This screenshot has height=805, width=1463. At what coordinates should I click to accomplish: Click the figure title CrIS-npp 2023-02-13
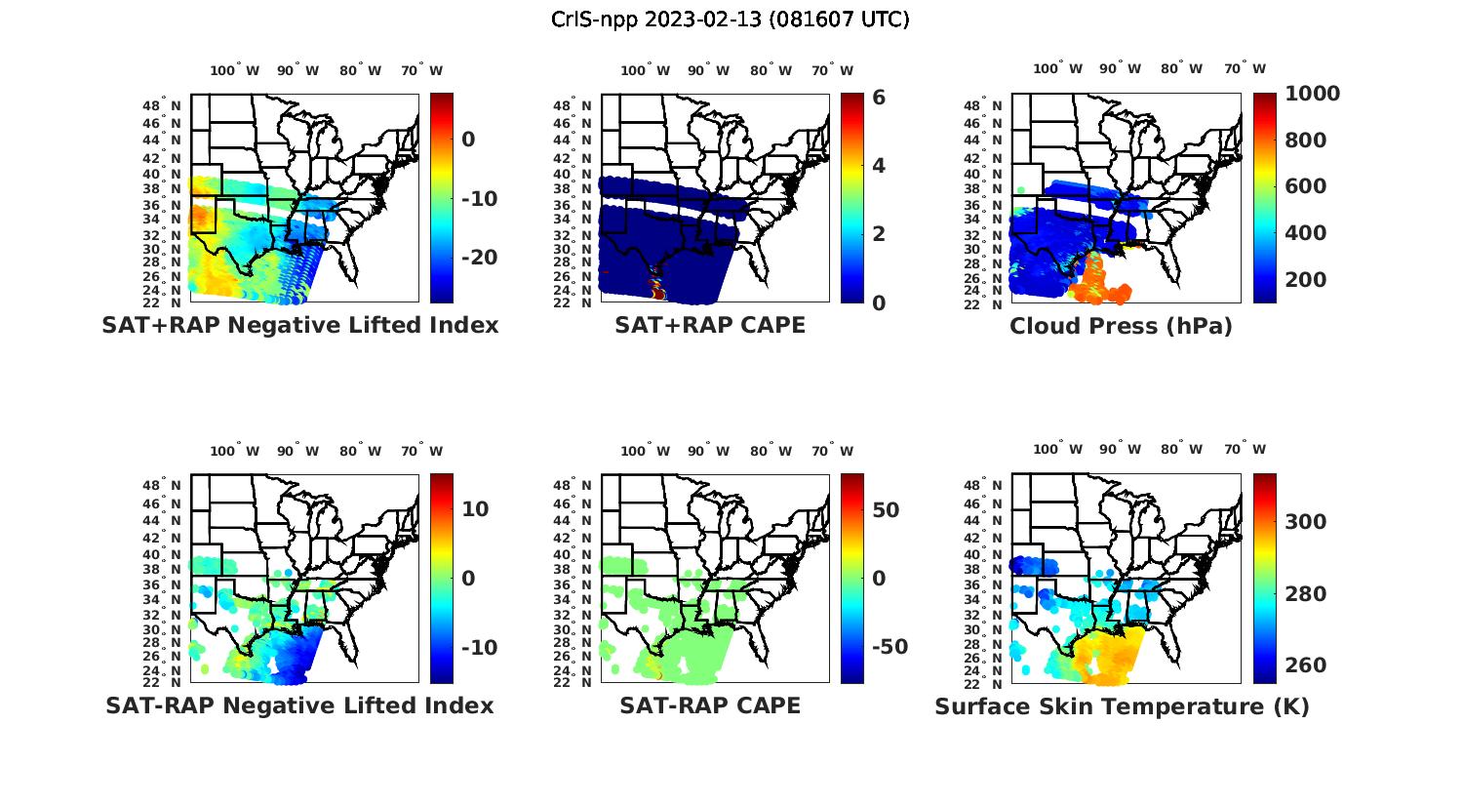tap(730, 20)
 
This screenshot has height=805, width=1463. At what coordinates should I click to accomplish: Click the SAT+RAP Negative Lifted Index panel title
tap(300, 325)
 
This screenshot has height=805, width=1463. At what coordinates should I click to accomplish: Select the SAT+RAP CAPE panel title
tap(710, 325)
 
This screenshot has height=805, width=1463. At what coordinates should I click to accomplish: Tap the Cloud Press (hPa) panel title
tap(1121, 326)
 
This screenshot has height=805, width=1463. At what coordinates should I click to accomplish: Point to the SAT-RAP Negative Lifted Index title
tap(300, 705)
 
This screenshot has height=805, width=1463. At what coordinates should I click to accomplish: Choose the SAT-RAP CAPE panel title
tap(710, 705)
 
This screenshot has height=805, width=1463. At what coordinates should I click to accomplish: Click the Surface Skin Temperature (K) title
tap(1122, 706)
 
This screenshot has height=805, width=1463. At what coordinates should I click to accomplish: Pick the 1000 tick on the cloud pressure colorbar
tap(1312, 94)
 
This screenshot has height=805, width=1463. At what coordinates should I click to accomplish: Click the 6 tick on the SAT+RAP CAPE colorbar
tap(879, 98)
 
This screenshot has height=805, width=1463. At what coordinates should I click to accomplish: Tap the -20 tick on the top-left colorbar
tap(479, 257)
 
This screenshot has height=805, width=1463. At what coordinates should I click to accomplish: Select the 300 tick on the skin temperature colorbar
tap(1306, 522)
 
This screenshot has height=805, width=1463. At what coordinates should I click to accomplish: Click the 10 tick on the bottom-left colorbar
tap(475, 509)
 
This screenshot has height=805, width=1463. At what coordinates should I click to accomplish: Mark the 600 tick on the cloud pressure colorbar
tap(1306, 186)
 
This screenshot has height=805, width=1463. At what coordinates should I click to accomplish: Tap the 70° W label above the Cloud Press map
tap(1246, 69)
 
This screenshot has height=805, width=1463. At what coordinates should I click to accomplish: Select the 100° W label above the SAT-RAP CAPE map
tap(646, 451)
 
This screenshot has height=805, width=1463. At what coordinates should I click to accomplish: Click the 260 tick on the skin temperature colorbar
tap(1306, 665)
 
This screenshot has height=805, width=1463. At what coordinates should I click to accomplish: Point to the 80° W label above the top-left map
tap(361, 70)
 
